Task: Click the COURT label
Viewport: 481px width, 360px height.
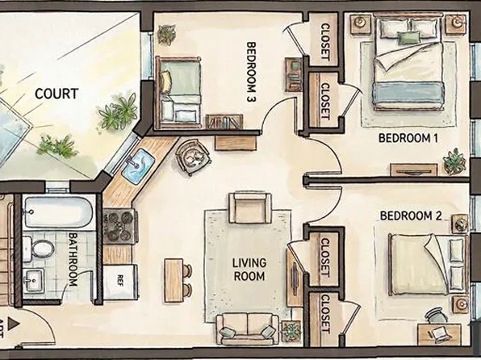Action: [56, 94]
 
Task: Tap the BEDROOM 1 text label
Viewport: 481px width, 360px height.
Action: [408, 138]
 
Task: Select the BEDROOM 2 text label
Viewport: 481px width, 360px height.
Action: [410, 216]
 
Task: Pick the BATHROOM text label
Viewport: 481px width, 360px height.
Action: [73, 259]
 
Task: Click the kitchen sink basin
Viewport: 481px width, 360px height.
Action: [138, 165]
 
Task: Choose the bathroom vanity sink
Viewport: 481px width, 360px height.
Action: [34, 282]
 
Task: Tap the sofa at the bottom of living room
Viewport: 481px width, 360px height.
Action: [247, 326]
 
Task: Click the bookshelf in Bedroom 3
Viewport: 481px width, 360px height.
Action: [224, 122]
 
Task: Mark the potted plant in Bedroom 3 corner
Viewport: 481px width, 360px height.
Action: [167, 34]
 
